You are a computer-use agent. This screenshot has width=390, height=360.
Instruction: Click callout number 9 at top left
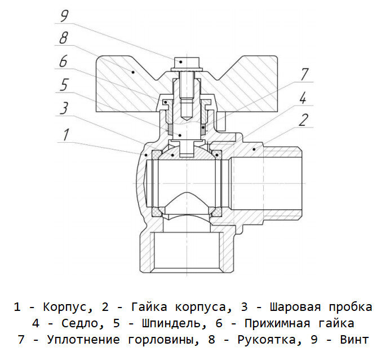(64, 16)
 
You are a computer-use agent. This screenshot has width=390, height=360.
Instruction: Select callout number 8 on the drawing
(64, 38)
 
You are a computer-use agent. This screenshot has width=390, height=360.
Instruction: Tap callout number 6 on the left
(63, 61)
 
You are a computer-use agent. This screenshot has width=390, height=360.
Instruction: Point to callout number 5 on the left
(64, 85)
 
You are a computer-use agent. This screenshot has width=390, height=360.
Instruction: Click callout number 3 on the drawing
(64, 108)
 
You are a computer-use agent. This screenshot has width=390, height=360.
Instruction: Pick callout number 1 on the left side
(66, 134)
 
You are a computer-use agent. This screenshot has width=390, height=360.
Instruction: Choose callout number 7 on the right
(305, 74)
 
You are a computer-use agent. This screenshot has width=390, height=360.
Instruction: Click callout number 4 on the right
(303, 98)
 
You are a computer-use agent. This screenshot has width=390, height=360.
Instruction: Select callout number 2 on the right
(303, 120)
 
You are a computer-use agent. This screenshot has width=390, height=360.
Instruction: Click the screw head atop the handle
(187, 64)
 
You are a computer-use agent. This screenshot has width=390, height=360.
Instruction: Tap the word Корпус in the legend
(65, 307)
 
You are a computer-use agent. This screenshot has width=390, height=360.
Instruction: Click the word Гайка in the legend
(149, 307)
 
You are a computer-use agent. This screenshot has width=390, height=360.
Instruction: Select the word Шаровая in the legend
(295, 307)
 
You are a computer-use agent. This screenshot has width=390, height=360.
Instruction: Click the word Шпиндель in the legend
(171, 323)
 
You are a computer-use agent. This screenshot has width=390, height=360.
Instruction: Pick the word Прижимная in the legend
(277, 324)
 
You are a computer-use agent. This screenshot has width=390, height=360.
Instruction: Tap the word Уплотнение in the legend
(83, 340)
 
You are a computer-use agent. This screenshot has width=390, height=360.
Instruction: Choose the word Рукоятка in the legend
(266, 340)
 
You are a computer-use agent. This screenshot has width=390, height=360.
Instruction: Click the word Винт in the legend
(354, 340)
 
